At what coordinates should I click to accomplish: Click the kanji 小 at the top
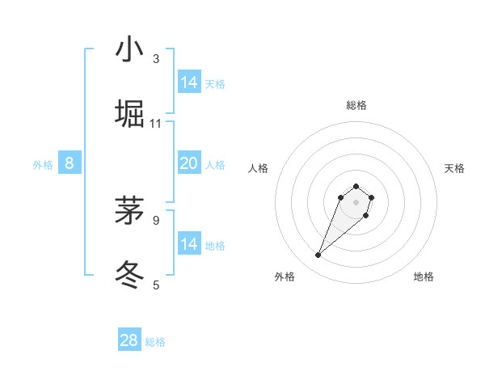[x=129, y=50]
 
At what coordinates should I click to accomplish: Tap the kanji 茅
[x=129, y=209]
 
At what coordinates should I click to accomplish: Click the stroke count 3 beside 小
[x=156, y=59]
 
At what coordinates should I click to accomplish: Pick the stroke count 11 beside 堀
[x=156, y=123]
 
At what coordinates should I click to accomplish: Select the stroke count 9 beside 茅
[x=156, y=219]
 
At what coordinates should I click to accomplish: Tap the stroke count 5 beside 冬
[x=156, y=284]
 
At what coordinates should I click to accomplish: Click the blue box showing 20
[x=188, y=163]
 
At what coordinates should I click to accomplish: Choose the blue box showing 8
[x=70, y=163]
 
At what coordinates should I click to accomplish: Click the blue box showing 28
[x=129, y=340]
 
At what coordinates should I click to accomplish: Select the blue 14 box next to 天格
[x=188, y=82]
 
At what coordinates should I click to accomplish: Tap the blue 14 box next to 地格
[x=188, y=244]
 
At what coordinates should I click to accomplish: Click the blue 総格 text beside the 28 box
[x=155, y=342]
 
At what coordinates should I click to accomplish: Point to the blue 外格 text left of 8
[x=43, y=165]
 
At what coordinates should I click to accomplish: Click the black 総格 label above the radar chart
[x=356, y=106]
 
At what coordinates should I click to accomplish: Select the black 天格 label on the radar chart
[x=454, y=168]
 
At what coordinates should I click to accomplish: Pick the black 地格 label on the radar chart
[x=424, y=277]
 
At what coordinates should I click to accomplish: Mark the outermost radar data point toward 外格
[x=318, y=255]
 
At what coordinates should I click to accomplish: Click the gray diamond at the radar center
[x=356, y=201]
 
